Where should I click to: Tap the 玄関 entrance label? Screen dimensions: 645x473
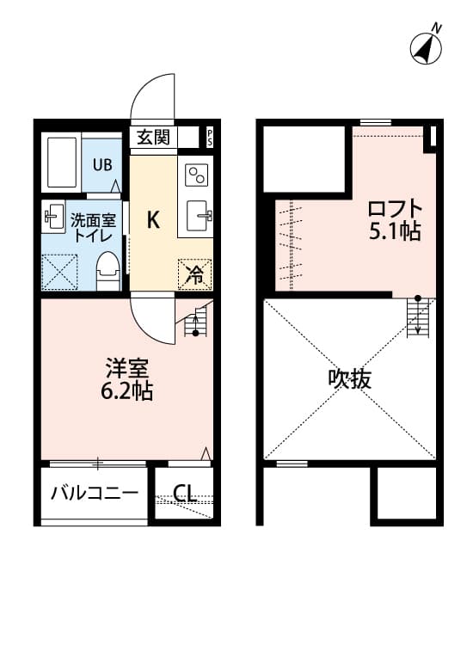point(154,137)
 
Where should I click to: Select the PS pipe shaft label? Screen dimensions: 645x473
point(209,137)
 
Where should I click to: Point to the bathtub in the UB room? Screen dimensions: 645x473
point(61,161)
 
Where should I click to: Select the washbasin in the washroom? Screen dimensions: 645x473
point(52,217)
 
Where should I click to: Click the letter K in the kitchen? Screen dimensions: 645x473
point(152,220)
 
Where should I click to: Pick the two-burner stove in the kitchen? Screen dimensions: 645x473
point(196,175)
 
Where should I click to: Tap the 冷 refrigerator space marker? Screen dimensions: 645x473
point(195,274)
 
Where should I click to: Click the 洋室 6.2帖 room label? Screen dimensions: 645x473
point(129,379)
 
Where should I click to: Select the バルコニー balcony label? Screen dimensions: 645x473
point(94,494)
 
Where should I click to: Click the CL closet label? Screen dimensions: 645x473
point(184,494)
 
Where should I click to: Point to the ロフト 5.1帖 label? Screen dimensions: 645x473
point(395,220)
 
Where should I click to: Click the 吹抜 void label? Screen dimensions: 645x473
point(349,378)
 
